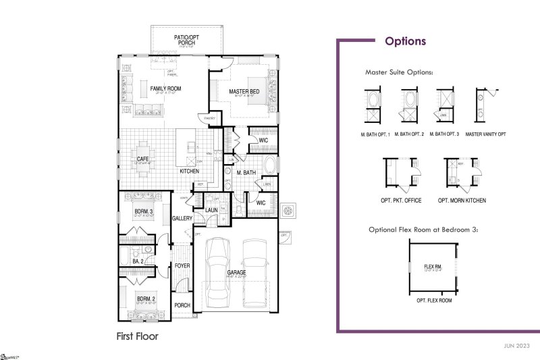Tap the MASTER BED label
244,91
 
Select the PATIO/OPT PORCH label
186,40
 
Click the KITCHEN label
189,172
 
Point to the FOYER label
182,265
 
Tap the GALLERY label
182,218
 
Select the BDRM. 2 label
146,299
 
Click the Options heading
405,41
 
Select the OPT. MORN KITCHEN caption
462,201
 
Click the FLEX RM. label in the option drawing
433,267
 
